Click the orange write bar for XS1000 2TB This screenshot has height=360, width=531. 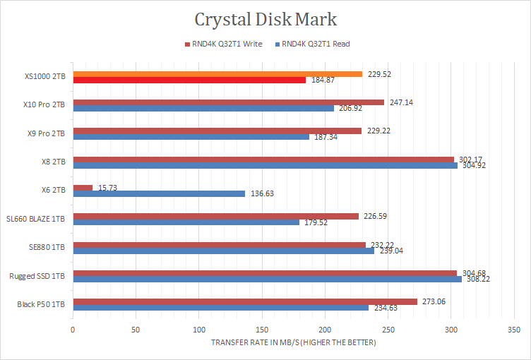coord(217,74)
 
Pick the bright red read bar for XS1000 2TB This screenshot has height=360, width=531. coord(189,80)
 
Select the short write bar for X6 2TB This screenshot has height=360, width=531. coord(83,188)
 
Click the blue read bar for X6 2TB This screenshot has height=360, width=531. coord(159,193)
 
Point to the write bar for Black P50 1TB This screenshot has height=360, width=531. coord(245,301)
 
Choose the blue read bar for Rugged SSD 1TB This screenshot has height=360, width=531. coord(268,279)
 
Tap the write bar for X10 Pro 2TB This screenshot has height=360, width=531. coord(229,102)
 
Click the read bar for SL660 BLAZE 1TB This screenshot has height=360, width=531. coord(186,222)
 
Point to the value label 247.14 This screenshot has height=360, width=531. coord(401,102)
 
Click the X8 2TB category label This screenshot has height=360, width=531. coord(54,162)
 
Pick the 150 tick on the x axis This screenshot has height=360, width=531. coord(262,330)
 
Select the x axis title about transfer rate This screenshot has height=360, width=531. coord(293,342)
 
